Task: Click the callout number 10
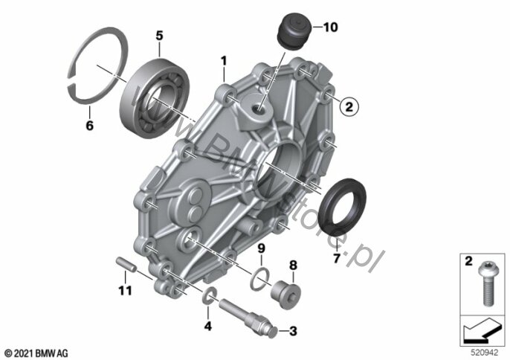(330, 28)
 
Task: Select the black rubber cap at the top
(294, 31)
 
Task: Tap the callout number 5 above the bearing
(159, 36)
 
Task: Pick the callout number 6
(89, 125)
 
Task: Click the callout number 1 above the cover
(224, 61)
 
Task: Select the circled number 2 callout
(349, 106)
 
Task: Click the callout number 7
(337, 258)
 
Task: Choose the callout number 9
(262, 248)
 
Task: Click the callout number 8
(293, 265)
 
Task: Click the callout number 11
(125, 290)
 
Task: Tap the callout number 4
(207, 326)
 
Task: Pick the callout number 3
(293, 331)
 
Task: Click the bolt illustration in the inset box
(486, 285)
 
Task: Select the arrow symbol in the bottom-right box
(482, 330)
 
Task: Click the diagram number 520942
(485, 353)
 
